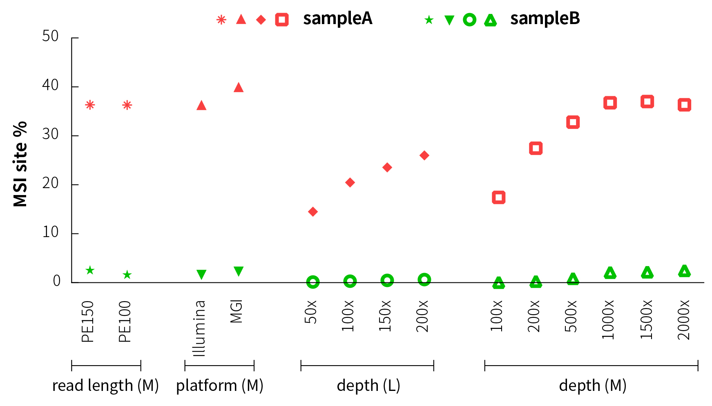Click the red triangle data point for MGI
(x=239, y=87)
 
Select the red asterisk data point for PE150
(x=90, y=105)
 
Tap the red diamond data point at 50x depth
(x=313, y=211)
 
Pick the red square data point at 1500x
(x=647, y=102)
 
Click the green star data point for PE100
(x=127, y=275)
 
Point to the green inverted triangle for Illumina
(x=201, y=274)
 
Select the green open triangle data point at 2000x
(x=684, y=271)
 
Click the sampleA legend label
(x=337, y=19)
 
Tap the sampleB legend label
(x=545, y=19)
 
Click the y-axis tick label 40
(x=51, y=85)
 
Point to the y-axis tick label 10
(x=51, y=232)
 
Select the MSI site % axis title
(x=20, y=164)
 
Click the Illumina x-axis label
(x=199, y=328)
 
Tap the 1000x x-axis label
(x=608, y=319)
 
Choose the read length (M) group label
(x=105, y=386)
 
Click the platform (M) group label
(x=219, y=386)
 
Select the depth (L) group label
(x=368, y=386)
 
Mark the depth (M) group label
(x=592, y=386)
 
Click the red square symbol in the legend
(x=282, y=20)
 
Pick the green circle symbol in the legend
(x=470, y=20)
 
